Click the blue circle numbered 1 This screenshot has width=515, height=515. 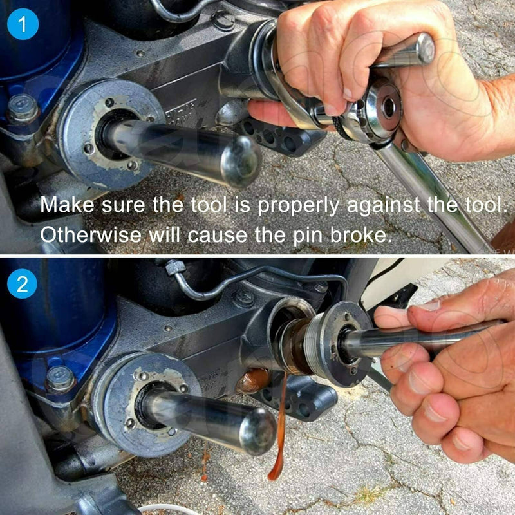(x=23, y=24)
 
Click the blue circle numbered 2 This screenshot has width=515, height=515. (x=22, y=283)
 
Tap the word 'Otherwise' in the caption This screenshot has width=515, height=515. (x=91, y=234)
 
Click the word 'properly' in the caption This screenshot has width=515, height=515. (x=299, y=206)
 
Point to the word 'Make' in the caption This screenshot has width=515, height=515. (x=68, y=205)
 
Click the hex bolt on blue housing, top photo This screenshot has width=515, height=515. (x=23, y=108)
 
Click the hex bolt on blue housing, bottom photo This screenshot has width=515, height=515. (x=60, y=379)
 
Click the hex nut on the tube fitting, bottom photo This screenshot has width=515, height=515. (x=173, y=267)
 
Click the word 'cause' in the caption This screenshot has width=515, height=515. (x=218, y=235)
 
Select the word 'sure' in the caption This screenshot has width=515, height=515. (x=123, y=205)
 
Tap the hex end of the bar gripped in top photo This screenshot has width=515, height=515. (x=426, y=48)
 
